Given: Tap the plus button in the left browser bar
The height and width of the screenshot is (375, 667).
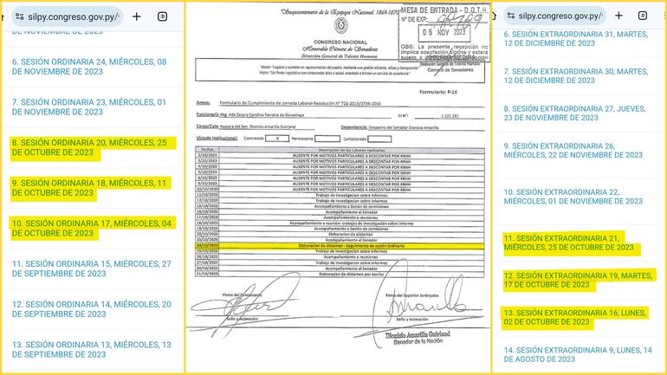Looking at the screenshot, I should tap(136, 16).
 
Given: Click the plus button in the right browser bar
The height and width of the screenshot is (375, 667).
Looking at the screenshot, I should tap(617, 16).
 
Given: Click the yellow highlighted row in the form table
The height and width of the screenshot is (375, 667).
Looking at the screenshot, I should tap(337, 245).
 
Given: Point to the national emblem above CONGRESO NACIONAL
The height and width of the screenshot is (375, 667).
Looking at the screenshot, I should tap(336, 26).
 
